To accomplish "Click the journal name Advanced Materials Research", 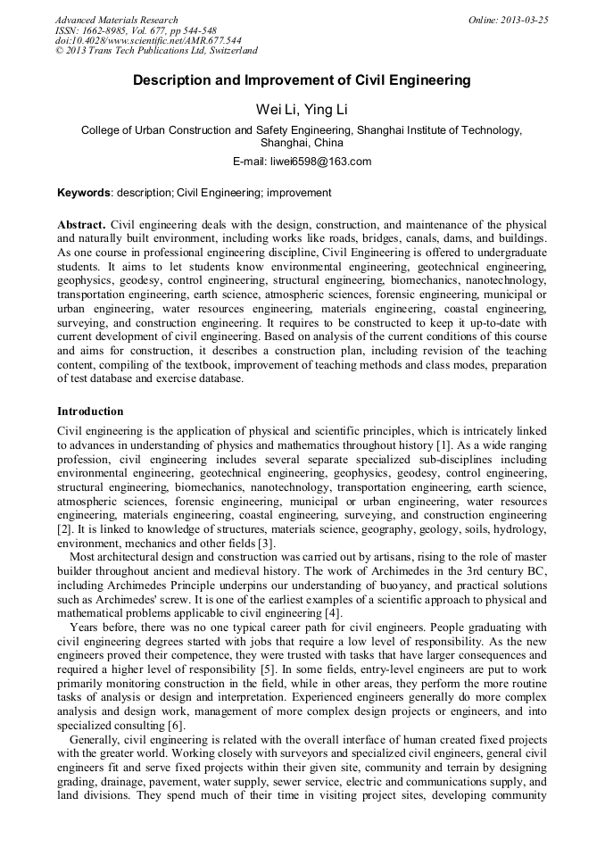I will (117, 20).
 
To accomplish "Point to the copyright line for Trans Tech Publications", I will (156, 52).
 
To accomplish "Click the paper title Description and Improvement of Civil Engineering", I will (302, 80).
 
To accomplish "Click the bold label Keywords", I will (84, 193).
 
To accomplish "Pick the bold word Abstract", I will (81, 224).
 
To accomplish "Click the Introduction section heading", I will (90, 411).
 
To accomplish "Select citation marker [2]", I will (64, 529).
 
